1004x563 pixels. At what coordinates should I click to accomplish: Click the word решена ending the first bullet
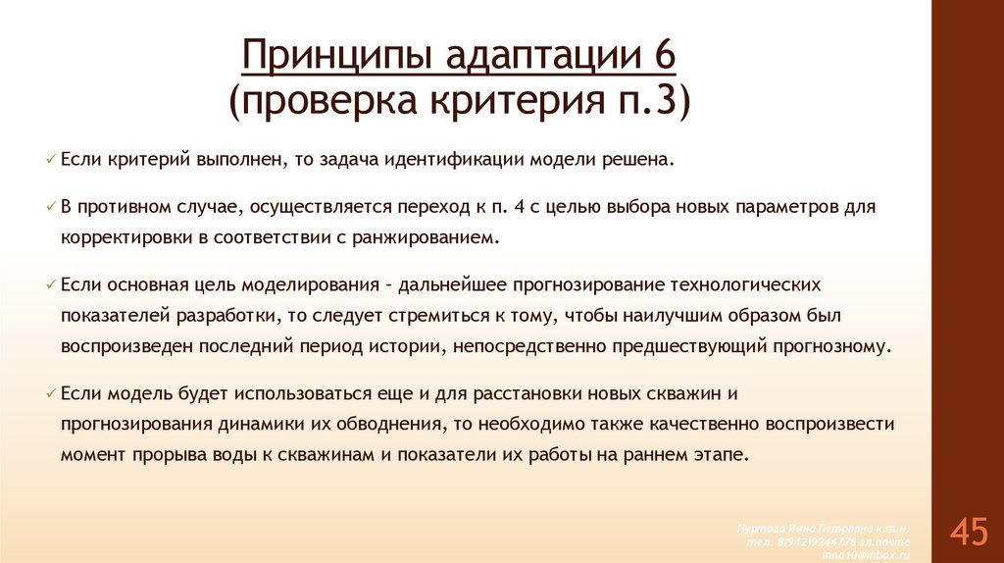[x=642, y=159]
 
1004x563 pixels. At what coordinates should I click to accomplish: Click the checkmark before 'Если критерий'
[x=51, y=159]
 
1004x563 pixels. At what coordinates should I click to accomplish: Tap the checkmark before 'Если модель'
[x=51, y=394]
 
